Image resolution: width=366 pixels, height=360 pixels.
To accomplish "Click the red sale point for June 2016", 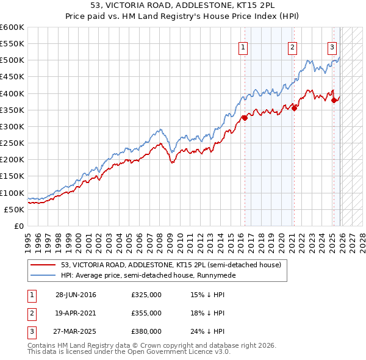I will click(x=245, y=118).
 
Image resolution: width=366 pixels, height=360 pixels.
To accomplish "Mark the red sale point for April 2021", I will click(x=294, y=108).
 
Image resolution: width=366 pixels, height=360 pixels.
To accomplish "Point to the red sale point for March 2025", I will click(x=334, y=100).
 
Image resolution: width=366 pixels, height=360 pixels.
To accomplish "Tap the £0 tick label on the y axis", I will click(x=18, y=226).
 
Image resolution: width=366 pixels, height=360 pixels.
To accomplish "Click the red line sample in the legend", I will click(x=43, y=265).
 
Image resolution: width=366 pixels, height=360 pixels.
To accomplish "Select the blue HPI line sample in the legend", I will click(x=43, y=276).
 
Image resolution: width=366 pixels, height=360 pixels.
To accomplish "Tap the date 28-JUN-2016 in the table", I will click(x=76, y=295).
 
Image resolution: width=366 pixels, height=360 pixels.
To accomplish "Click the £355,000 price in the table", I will click(x=146, y=313).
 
